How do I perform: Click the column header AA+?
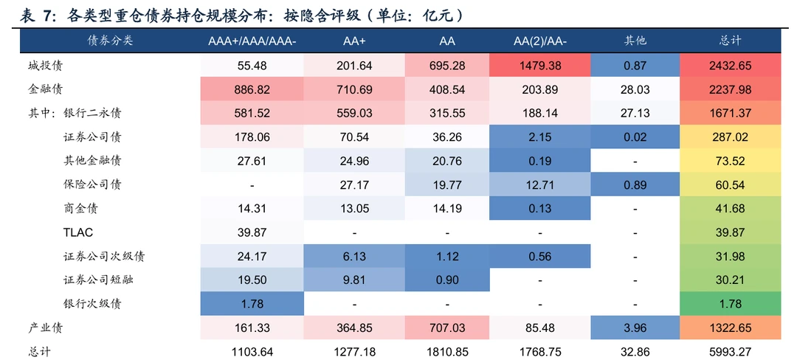click(354, 41)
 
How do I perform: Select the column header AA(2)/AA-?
click(539, 41)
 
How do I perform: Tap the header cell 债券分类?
click(110, 41)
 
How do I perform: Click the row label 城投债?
click(45, 66)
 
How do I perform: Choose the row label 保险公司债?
click(92, 185)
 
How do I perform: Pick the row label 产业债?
click(45, 328)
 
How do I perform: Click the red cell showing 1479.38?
click(539, 66)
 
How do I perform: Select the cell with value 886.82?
click(252, 89)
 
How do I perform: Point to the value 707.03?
click(447, 328)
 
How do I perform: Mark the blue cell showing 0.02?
click(635, 137)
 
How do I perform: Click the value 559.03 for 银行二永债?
click(354, 113)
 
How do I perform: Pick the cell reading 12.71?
click(539, 185)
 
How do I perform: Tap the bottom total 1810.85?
click(447, 352)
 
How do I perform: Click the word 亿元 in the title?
click(436, 15)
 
